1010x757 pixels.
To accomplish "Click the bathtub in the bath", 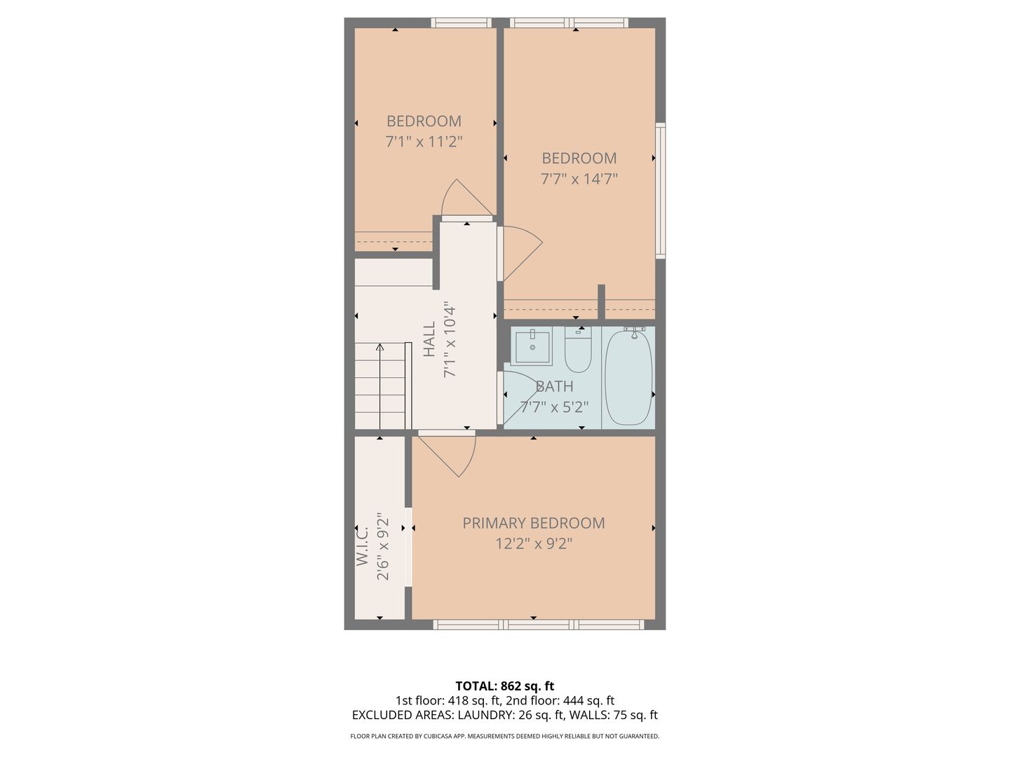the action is (x=628, y=378).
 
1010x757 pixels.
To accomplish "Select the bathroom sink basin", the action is (x=532, y=347).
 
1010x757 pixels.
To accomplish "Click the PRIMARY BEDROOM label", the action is (x=533, y=523).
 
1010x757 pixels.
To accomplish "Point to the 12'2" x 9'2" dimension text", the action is (x=533, y=544).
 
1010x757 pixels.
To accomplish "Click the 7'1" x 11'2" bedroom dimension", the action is (x=424, y=142).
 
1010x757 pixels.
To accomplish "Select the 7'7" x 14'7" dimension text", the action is (x=579, y=178).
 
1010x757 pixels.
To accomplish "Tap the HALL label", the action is (x=429, y=339).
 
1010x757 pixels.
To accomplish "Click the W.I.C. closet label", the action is (x=363, y=547).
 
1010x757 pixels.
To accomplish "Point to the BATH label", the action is (x=555, y=386).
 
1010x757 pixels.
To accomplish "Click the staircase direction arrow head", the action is (x=379, y=346).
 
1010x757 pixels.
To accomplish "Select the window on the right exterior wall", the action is (x=660, y=191).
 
